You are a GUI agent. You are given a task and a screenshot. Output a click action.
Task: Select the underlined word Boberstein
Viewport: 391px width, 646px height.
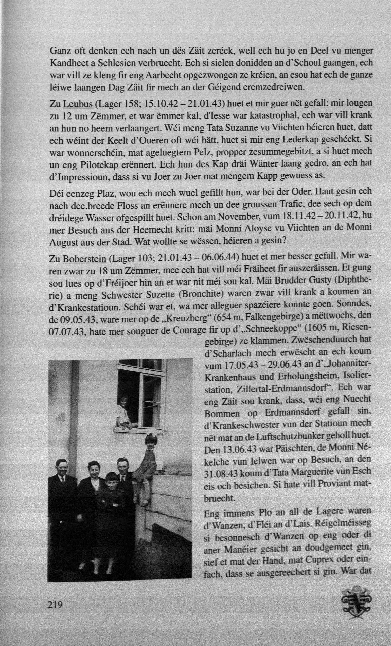point(84,258)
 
